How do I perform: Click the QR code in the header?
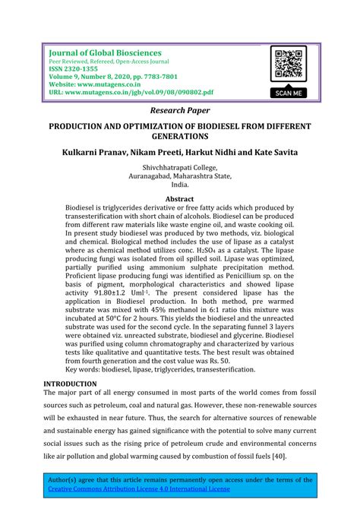291,65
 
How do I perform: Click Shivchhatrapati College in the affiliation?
179,169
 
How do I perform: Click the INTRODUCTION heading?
71,384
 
